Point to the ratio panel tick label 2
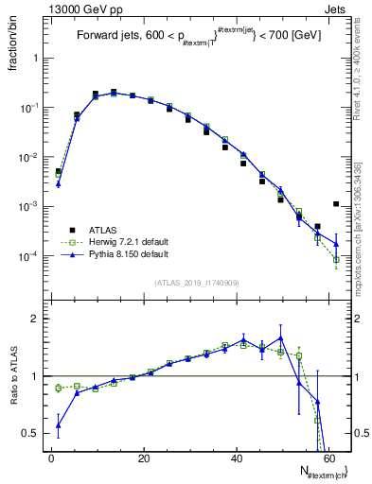(x=38, y=319)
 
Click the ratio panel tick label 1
(x=38, y=376)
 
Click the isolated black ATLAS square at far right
(x=337, y=204)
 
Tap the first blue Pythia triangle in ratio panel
(x=59, y=425)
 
